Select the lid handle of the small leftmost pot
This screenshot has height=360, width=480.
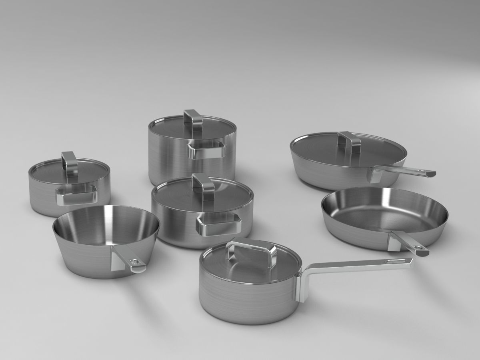click(69, 164)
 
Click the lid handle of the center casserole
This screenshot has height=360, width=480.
click(204, 186)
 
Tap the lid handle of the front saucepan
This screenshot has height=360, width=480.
click(251, 250)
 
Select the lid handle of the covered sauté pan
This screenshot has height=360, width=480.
click(349, 142)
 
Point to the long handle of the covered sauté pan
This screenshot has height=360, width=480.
click(404, 172)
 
